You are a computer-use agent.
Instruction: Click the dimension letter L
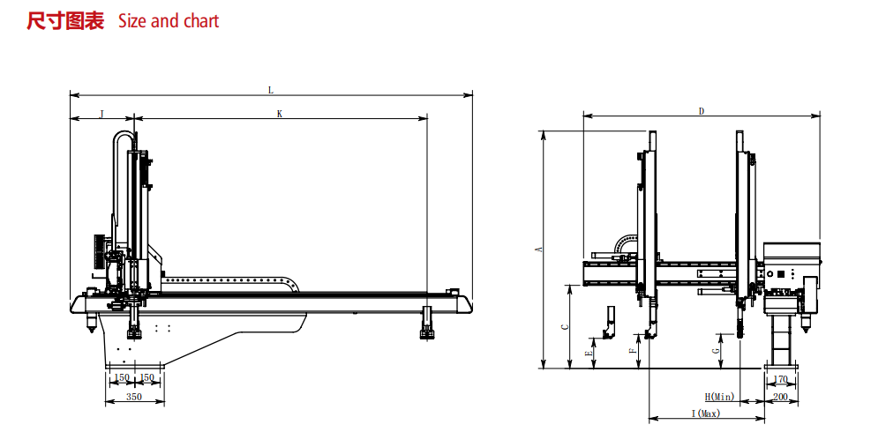coord(271,89)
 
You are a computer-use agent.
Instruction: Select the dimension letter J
coord(101,114)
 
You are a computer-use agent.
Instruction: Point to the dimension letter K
coord(280,114)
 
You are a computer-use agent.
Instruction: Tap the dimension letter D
coord(702,111)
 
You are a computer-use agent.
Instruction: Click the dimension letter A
coord(539,250)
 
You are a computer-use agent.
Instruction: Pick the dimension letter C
coord(566,326)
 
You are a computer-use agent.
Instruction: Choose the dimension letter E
coord(589,353)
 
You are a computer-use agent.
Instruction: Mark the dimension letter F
coord(632,351)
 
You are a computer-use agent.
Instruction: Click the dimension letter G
coord(716,350)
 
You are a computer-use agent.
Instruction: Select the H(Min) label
coord(720,398)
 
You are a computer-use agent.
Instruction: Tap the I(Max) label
coord(706,413)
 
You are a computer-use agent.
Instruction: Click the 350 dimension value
coord(134,398)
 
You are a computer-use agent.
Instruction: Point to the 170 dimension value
coord(780,380)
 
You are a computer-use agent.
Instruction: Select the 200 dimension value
coord(780,398)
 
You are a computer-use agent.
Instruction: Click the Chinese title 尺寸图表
coord(65,21)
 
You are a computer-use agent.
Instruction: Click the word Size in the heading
coord(132,21)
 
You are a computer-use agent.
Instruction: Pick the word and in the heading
coord(165,21)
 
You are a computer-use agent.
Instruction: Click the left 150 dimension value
coord(121,378)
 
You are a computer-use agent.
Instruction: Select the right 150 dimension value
coord(147,378)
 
